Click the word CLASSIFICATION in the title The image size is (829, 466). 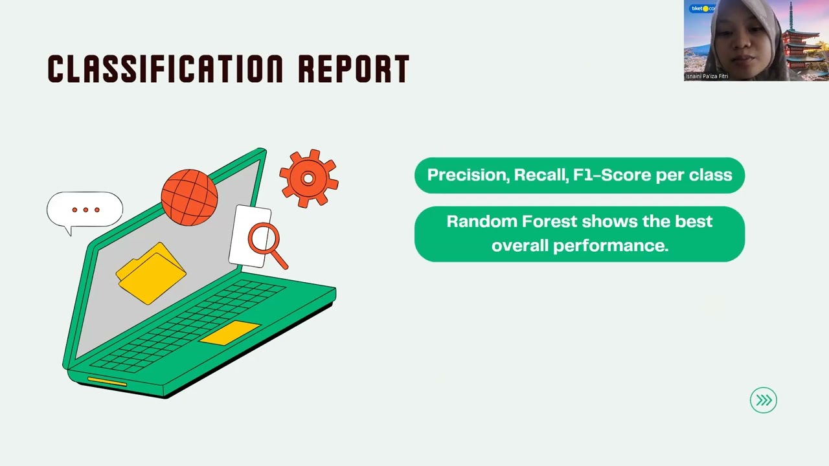(x=165, y=69)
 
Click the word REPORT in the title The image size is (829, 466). (x=353, y=69)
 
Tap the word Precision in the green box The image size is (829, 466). (x=466, y=175)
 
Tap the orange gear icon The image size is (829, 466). (x=308, y=179)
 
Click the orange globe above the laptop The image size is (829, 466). (x=189, y=197)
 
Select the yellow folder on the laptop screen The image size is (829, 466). (x=151, y=273)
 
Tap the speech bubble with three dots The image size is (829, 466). (x=84, y=210)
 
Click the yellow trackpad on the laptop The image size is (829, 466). (x=229, y=332)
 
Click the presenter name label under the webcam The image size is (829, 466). (x=707, y=76)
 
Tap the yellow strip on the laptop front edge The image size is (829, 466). (x=107, y=381)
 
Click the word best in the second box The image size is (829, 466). (x=693, y=221)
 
